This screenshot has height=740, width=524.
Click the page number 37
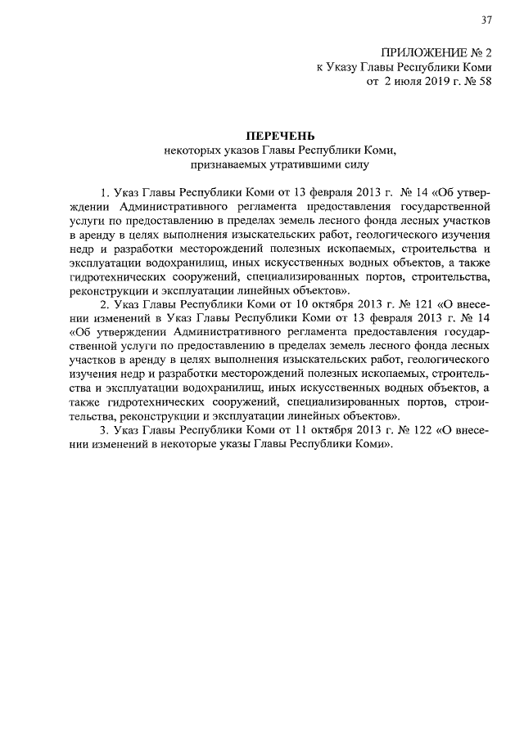486,20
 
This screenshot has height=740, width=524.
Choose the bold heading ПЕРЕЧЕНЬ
280,135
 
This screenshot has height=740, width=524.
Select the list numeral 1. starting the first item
105,193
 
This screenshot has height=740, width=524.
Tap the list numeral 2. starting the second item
105,304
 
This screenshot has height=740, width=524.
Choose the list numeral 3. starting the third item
105,430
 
